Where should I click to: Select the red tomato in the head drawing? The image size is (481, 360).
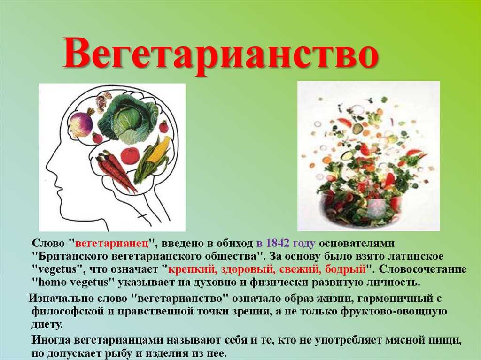coord(130,156)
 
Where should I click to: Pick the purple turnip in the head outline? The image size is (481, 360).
coord(81,122)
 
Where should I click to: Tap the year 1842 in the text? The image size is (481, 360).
coord(278,243)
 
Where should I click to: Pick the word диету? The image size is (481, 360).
coord(47,324)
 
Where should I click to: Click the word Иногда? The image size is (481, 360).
coord(51,340)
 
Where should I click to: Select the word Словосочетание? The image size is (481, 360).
coord(423,269)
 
